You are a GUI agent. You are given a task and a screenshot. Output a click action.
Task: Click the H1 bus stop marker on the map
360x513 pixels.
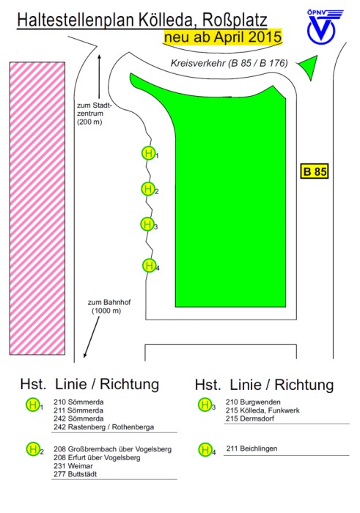coord(149,152)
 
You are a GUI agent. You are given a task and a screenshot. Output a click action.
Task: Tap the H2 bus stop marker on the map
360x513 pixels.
coord(148,189)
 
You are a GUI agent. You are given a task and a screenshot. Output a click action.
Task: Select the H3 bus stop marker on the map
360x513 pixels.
coord(147,224)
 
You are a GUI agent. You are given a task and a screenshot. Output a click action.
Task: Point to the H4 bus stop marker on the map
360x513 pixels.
coord(150,265)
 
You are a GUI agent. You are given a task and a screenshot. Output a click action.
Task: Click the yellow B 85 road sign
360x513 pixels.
coord(315,171)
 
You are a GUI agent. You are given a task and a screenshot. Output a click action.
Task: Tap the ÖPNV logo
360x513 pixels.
coord(324,26)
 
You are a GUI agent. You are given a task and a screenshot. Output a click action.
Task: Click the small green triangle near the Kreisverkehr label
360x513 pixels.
coord(309,67)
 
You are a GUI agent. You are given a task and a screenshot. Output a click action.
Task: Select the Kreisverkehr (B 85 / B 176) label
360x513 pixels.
coord(229,63)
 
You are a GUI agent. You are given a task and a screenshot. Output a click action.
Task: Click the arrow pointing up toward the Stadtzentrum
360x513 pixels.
coord(99,76)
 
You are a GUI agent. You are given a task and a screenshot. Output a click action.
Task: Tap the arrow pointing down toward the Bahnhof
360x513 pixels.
coord(92,337)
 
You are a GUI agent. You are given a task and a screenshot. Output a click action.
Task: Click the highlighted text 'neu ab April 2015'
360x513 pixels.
coord(223,36)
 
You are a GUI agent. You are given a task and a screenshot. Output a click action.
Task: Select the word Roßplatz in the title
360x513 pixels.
coord(235,20)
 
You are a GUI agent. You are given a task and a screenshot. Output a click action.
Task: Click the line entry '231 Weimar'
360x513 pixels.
coord(73,465)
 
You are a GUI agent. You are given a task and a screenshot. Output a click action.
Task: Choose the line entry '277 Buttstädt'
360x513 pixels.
coord(76,473)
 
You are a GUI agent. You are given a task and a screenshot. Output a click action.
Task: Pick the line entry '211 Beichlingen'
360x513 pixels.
coord(251,449)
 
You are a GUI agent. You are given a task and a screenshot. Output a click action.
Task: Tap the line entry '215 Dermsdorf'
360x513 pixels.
coord(250,418)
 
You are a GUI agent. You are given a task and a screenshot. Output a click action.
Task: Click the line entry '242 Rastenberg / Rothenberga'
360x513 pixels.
coord(103,427)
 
